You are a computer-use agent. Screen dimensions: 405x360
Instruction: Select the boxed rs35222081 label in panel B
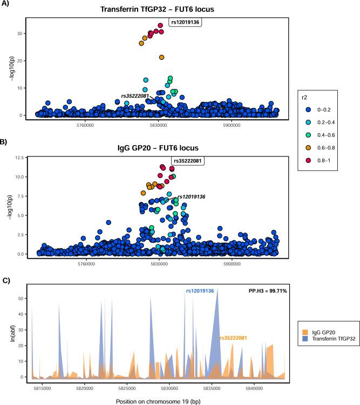coord(189,160)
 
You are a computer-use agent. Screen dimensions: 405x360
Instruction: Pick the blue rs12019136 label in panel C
coord(200,291)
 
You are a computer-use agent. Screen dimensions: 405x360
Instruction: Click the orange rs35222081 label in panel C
coord(233,338)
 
